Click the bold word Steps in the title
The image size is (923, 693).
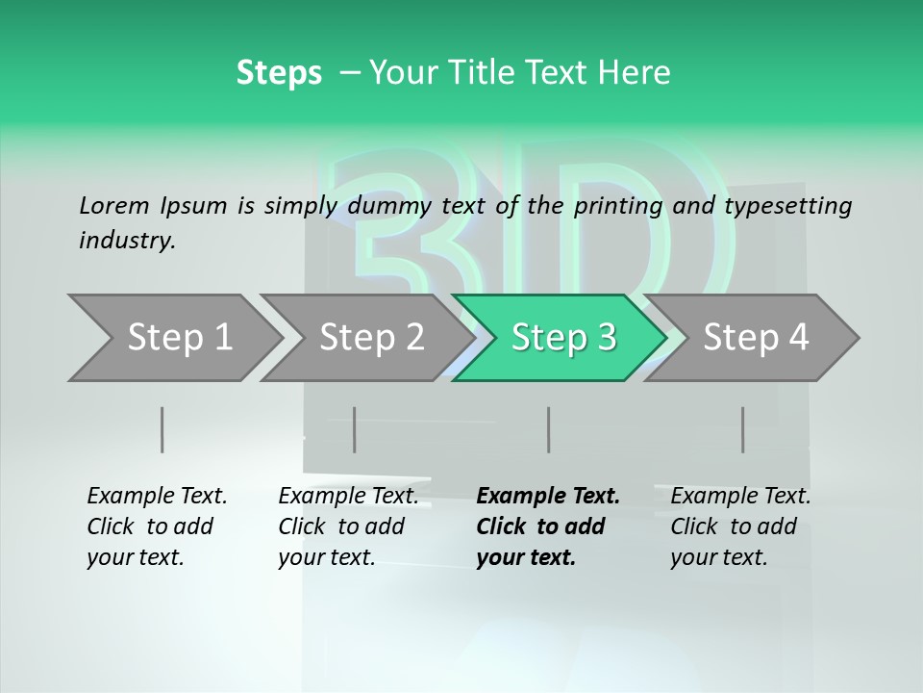coord(279,72)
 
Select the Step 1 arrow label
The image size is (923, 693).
coord(180,337)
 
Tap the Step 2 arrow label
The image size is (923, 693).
coord(372,337)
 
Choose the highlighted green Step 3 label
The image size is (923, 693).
coord(564,337)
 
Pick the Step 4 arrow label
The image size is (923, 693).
coord(756,337)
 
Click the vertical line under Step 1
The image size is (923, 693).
coord(162,429)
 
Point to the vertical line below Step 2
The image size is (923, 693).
coord(355,429)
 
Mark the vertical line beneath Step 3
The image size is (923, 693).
coord(549,429)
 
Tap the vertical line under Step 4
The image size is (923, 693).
coord(743,429)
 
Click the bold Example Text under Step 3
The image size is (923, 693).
coord(548,496)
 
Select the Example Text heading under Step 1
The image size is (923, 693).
coord(157,496)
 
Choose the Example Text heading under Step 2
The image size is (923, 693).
coord(348,496)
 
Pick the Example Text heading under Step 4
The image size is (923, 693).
coord(740,496)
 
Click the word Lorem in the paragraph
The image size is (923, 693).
coord(114,205)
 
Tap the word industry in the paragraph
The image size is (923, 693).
coord(127,241)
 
